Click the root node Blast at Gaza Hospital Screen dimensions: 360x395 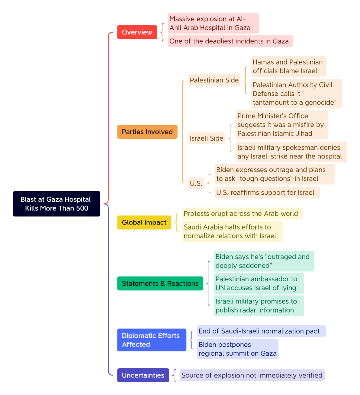tap(57, 204)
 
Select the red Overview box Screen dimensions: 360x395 tap(137, 32)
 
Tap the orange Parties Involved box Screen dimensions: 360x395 tap(147, 132)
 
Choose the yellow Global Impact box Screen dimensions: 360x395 tap(144, 223)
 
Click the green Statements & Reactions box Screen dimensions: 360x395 tap(160, 283)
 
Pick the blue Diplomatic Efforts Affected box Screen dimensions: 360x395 tap(152, 340)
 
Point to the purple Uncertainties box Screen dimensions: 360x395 tap(143, 375)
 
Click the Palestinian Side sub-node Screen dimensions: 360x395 tap(214, 80)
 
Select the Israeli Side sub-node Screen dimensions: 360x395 tap(207, 138)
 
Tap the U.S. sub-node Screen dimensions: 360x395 tap(196, 183)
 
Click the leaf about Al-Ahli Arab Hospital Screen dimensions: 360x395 tap(213, 23)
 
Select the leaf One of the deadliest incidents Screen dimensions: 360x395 tap(230, 41)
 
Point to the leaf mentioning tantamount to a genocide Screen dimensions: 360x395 tap(297, 94)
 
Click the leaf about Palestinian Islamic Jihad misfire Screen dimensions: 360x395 tap(282, 125)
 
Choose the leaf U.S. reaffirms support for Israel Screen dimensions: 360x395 tap(267, 192)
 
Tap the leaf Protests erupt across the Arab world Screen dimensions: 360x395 tap(242, 214)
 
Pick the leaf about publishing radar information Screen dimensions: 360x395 tap(259, 306)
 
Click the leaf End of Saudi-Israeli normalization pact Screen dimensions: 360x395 tap(261, 331)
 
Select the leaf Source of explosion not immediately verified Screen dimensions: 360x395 tap(252, 375)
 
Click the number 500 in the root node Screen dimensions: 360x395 tap(82, 208)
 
